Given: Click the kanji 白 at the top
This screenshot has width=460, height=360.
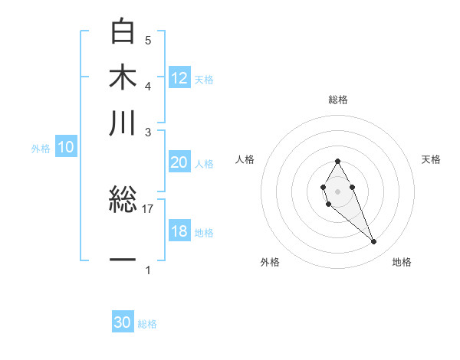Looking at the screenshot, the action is coord(123,32).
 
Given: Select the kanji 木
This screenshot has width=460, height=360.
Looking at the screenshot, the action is coord(123,78).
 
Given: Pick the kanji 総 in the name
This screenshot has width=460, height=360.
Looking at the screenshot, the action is coord(123,201).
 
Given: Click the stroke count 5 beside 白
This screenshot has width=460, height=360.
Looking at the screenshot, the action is coord(148,40).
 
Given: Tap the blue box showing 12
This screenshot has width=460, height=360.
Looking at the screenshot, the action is coord(179,78).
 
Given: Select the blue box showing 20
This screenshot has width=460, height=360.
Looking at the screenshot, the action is coord(179,162).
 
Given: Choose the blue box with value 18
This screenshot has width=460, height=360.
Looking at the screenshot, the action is coord(179,231).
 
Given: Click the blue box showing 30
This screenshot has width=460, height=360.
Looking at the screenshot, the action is coord(123,323).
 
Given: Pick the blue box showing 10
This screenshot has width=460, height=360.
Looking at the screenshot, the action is coord(66,148).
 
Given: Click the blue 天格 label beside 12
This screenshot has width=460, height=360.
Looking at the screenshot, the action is coord(204,79).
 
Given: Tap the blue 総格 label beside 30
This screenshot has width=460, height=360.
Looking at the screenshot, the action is coord(147,324).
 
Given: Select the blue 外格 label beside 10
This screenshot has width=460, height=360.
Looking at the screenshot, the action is coord(41,149).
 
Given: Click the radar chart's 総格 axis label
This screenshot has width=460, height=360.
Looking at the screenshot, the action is coord(338,100).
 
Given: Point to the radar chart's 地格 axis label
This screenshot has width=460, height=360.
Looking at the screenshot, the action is coord(402,263).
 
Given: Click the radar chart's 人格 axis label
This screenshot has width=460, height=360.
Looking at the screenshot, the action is coord(245,159).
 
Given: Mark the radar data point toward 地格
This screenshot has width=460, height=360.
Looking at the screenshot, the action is coord(374,242).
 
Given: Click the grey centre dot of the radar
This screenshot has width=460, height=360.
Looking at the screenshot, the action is coord(337,191).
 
